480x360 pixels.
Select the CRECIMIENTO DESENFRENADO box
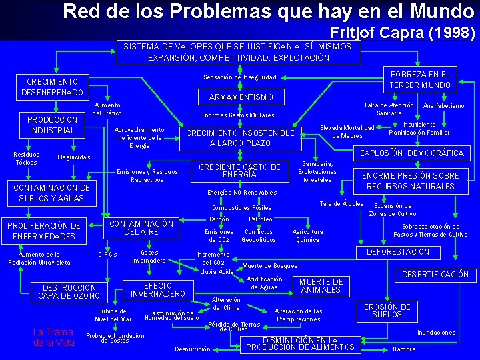click(52, 86)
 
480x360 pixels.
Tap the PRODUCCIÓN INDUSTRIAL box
click(52, 125)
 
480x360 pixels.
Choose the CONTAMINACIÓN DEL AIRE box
click(141, 227)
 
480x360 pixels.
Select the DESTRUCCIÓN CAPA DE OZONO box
click(69, 292)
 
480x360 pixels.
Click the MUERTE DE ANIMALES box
click(321, 286)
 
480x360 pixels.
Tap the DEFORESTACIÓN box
click(398, 252)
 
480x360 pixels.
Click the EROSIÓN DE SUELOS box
click(387, 311)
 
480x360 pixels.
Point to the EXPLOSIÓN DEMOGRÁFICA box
click(411, 153)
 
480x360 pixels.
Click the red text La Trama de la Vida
click(53, 337)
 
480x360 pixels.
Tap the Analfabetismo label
click(444, 105)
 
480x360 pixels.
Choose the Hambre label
click(404, 349)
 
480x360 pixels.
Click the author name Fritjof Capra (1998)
click(402, 31)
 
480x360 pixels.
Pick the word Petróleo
click(260, 219)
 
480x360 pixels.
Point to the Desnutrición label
click(192, 349)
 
